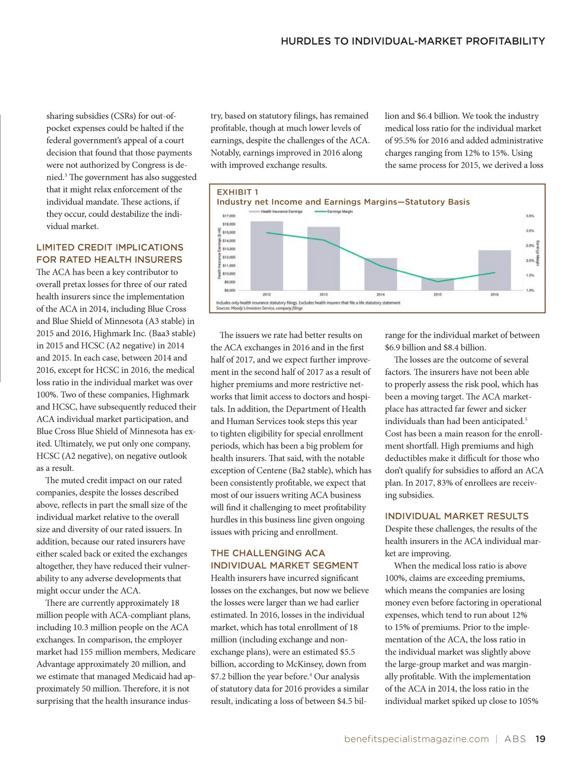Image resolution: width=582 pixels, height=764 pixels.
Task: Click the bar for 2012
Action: pyautogui.click(x=267, y=256)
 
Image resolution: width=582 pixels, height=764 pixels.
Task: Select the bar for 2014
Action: pyautogui.click(x=381, y=274)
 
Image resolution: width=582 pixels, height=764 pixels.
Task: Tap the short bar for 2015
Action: pyautogui.click(x=437, y=284)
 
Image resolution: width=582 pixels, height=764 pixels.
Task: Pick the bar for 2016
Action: pyautogui.click(x=494, y=270)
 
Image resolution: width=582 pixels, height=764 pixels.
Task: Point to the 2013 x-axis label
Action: pyautogui.click(x=323, y=294)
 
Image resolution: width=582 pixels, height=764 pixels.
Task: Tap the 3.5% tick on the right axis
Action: pyautogui.click(x=530, y=216)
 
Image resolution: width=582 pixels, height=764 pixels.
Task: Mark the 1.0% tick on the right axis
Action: pyautogui.click(x=530, y=290)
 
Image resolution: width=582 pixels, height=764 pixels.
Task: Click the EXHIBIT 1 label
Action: pyautogui.click(x=237, y=192)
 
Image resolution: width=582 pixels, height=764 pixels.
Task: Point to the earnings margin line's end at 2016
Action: pyautogui.click(x=494, y=273)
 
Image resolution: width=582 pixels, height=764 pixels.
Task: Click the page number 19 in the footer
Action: pyautogui.click(x=540, y=739)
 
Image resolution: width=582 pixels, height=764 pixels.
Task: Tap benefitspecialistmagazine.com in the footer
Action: pyautogui.click(x=416, y=739)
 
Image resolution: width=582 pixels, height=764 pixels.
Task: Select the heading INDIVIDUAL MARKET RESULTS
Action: pyautogui.click(x=456, y=516)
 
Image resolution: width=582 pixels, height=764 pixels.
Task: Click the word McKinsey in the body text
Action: pyautogui.click(x=306, y=664)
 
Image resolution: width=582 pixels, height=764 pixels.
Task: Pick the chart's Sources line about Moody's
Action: pyautogui.click(x=259, y=308)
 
